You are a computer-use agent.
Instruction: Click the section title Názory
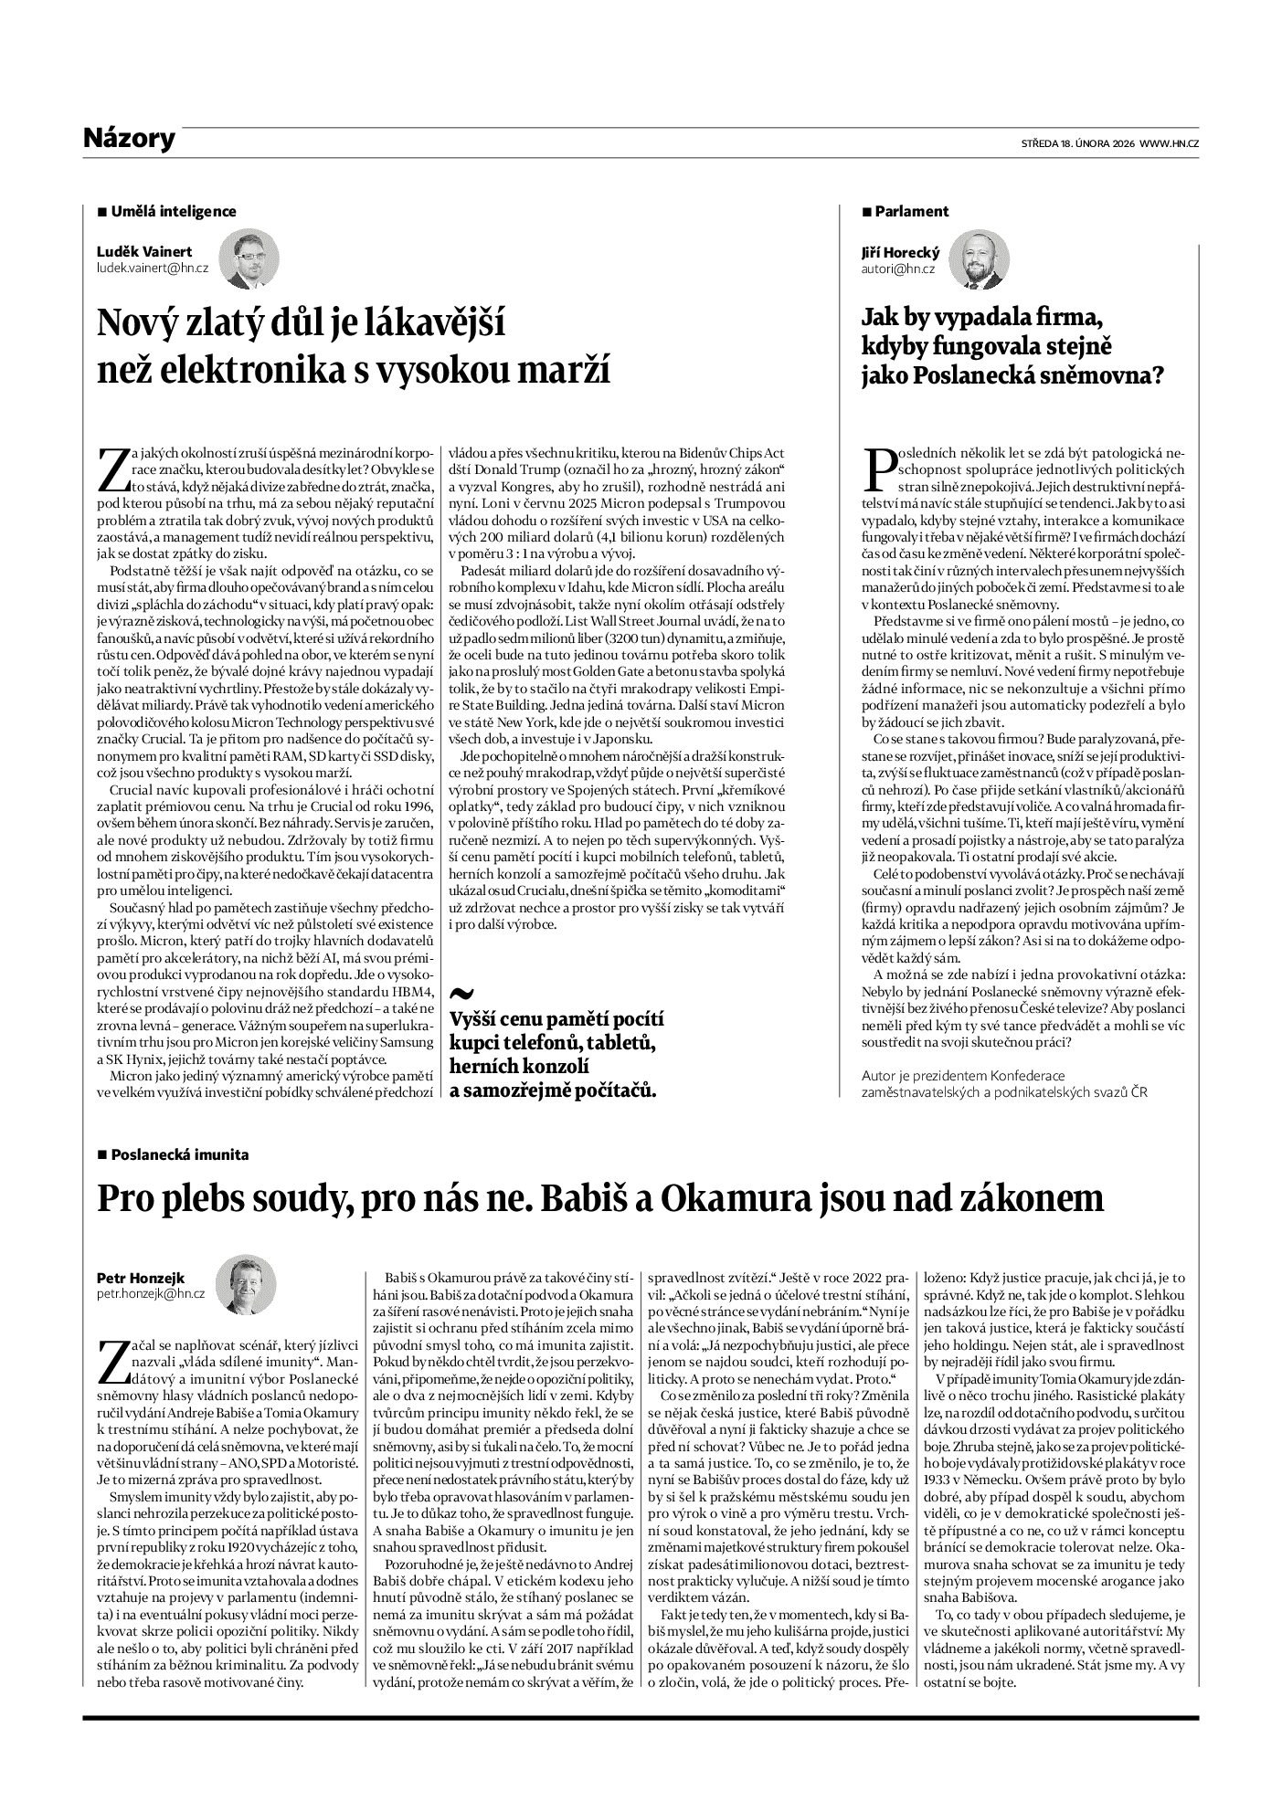128,139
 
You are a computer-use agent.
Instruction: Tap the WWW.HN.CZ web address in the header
1169,143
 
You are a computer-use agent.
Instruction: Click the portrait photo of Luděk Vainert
248,258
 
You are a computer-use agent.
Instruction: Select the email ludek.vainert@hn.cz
152,269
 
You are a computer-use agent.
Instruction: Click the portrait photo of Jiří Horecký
980,259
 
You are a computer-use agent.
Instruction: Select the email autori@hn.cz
898,269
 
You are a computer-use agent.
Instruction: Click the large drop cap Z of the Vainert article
113,469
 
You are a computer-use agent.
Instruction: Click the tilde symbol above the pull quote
463,994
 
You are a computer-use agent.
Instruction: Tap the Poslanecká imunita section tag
179,1154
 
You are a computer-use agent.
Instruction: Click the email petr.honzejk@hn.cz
151,1293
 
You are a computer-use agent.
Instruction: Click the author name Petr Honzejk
139,1278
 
